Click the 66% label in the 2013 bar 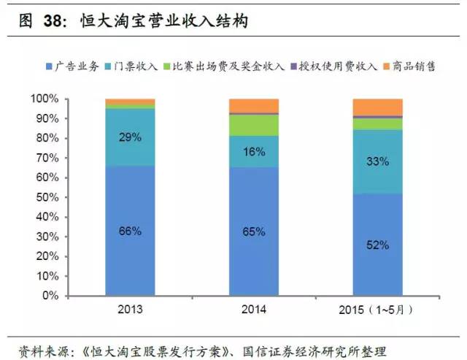pos(131,231)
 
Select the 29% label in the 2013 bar pos(131,137)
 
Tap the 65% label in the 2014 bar pos(254,231)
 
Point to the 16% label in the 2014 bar pos(254,151)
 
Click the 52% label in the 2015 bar pos(378,245)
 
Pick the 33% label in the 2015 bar pos(378,161)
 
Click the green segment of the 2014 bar pos(254,125)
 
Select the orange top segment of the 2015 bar pos(378,107)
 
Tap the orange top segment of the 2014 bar pos(254,105)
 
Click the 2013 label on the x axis pos(130,310)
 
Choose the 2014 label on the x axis pos(254,310)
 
